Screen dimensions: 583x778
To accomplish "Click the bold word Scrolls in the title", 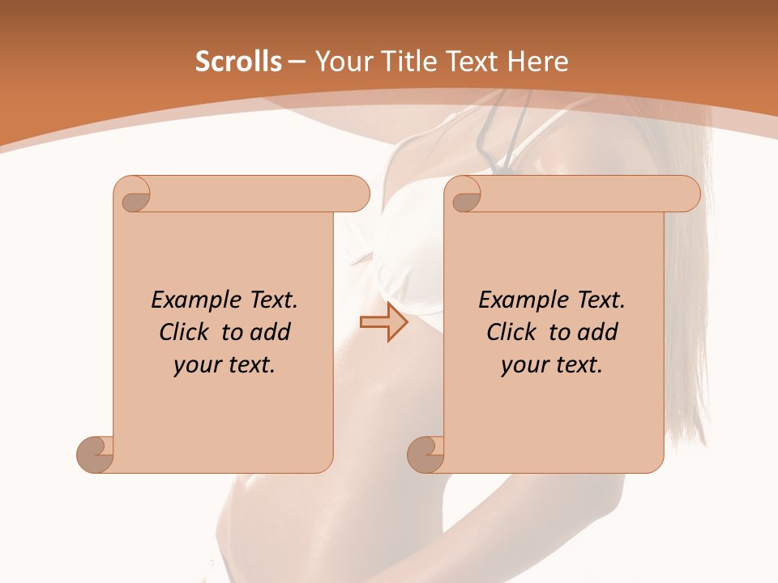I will [x=238, y=62].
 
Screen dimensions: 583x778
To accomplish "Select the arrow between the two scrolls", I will [x=384, y=323].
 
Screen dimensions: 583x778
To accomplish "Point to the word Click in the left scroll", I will [x=186, y=332].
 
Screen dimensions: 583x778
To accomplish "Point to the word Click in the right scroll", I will [x=514, y=332].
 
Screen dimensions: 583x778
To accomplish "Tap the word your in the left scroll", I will [x=194, y=365].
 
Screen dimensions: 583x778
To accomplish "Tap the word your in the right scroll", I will [x=522, y=365].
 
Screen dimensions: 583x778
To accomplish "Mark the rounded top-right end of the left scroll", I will [x=360, y=194].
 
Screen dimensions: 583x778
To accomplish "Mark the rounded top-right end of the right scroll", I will [x=690, y=194].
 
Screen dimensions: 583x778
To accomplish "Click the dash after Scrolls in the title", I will [x=297, y=62].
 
